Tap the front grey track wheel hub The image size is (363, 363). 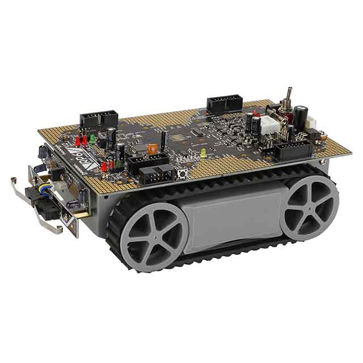tap(153, 237)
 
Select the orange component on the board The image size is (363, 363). tap(152, 149)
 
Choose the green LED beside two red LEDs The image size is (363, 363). tap(92, 138)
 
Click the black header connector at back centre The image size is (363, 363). tap(224, 103)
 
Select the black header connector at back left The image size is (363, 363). tap(98, 119)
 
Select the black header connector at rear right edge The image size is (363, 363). tap(293, 150)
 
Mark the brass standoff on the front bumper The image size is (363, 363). tap(82, 214)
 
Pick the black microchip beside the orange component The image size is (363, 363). tap(140, 149)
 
